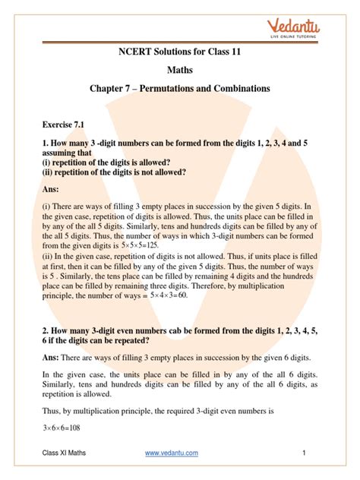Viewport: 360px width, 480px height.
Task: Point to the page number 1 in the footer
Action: (302, 453)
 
